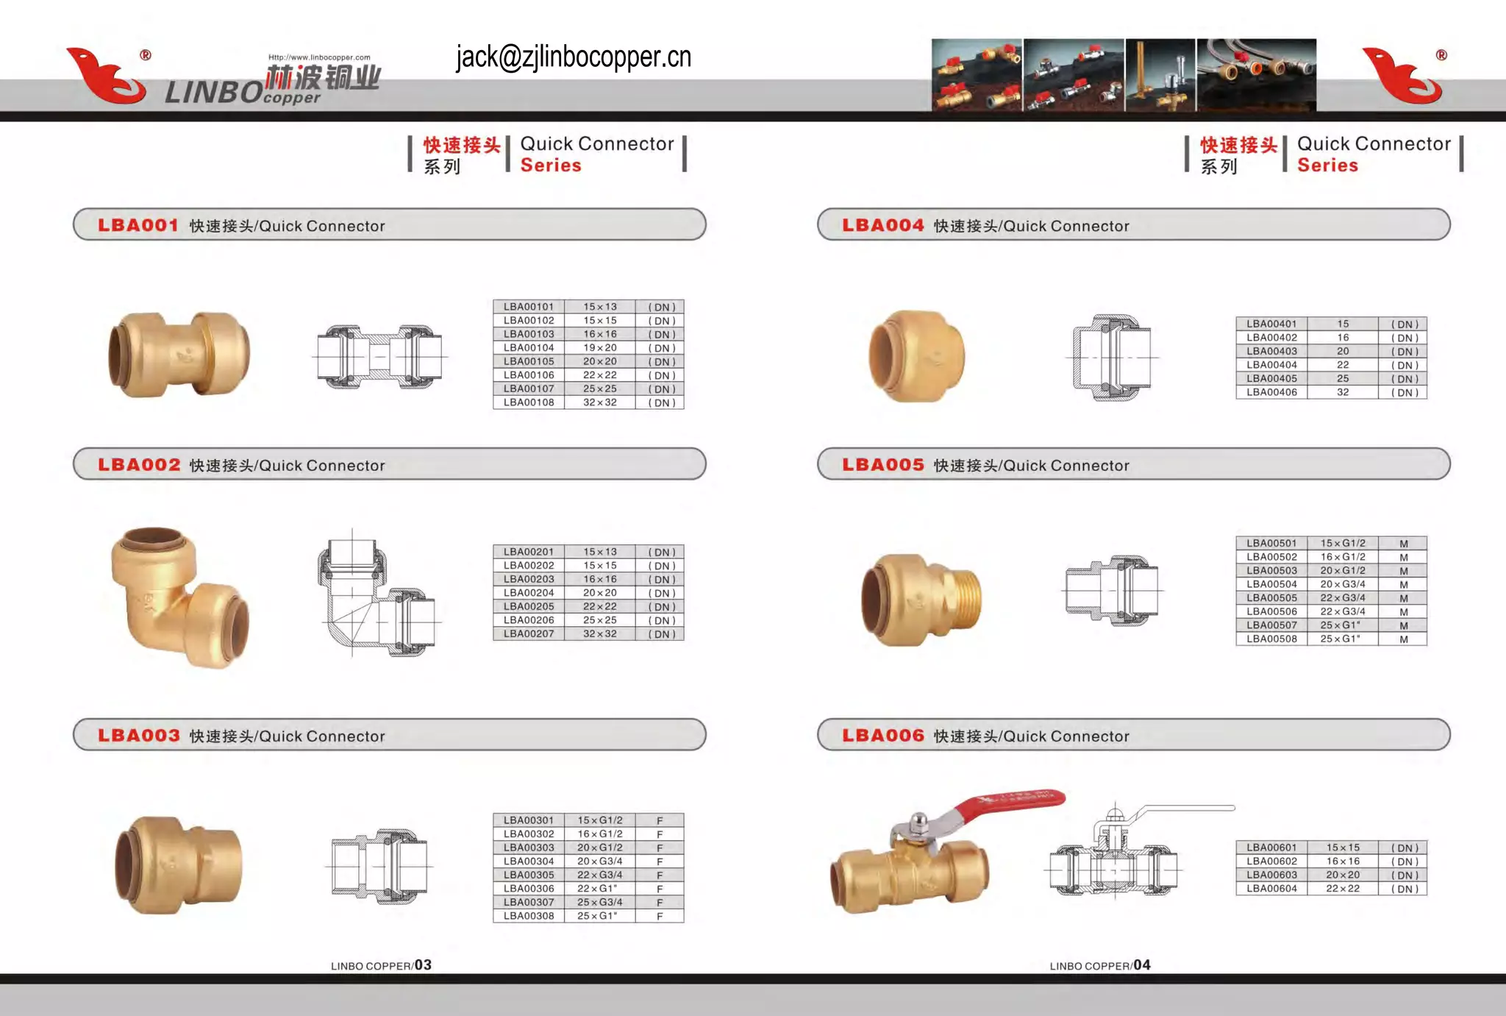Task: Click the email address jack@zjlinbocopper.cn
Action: point(573,57)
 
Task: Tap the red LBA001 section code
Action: point(138,225)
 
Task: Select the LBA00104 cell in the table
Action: point(528,347)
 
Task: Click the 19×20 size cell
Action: point(599,347)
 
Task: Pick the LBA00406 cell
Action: point(1271,392)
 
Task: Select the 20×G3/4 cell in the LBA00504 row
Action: point(1342,584)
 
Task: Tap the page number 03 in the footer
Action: point(423,965)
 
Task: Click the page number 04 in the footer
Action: point(1141,965)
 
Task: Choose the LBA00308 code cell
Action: point(528,916)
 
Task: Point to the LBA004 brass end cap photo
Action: point(916,357)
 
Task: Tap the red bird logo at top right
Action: point(1402,76)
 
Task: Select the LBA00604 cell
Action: point(1271,889)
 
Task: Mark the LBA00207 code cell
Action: point(528,633)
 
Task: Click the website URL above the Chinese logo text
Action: point(319,57)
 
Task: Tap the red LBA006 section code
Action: point(882,736)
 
